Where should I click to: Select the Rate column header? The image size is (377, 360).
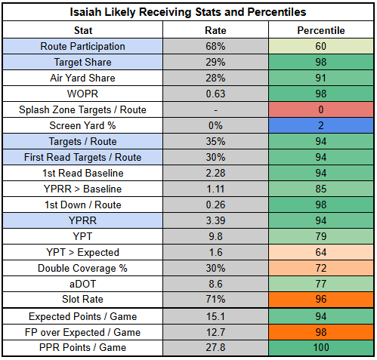[215, 30]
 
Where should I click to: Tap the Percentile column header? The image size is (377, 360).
[321, 30]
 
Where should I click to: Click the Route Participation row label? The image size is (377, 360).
[82, 46]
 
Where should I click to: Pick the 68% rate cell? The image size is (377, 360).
[215, 46]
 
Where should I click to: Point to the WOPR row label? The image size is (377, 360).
[82, 94]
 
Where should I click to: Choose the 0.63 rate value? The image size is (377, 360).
[215, 94]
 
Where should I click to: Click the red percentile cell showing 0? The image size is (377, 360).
[321, 109]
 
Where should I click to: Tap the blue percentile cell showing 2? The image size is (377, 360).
[321, 125]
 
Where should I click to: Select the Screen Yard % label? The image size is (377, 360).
[82, 125]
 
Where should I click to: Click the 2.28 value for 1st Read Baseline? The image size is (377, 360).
[215, 173]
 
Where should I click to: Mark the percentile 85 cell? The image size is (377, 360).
[321, 189]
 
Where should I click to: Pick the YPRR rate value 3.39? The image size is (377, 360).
[215, 220]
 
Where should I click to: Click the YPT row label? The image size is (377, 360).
[82, 236]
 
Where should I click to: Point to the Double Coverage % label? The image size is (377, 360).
[82, 268]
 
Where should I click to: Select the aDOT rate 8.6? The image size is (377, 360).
[215, 284]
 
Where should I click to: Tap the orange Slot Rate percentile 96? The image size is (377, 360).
[321, 300]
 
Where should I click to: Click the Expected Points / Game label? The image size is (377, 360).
[82, 316]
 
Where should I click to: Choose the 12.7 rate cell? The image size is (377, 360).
[215, 332]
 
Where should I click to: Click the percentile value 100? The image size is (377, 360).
[321, 348]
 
